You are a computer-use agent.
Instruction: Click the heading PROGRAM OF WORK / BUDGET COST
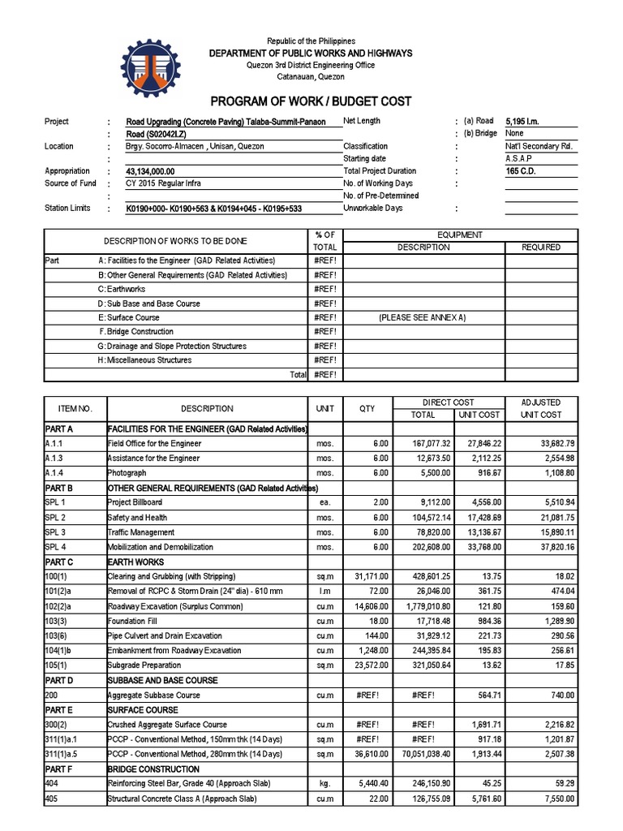311,101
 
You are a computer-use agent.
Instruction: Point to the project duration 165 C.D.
521,171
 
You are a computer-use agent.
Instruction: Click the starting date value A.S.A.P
520,159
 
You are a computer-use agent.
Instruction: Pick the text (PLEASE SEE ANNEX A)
422,318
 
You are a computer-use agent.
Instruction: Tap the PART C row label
60,562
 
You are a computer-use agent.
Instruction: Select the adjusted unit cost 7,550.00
557,799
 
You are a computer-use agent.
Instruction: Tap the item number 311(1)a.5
66,753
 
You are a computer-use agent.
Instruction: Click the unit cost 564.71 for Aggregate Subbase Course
479,695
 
